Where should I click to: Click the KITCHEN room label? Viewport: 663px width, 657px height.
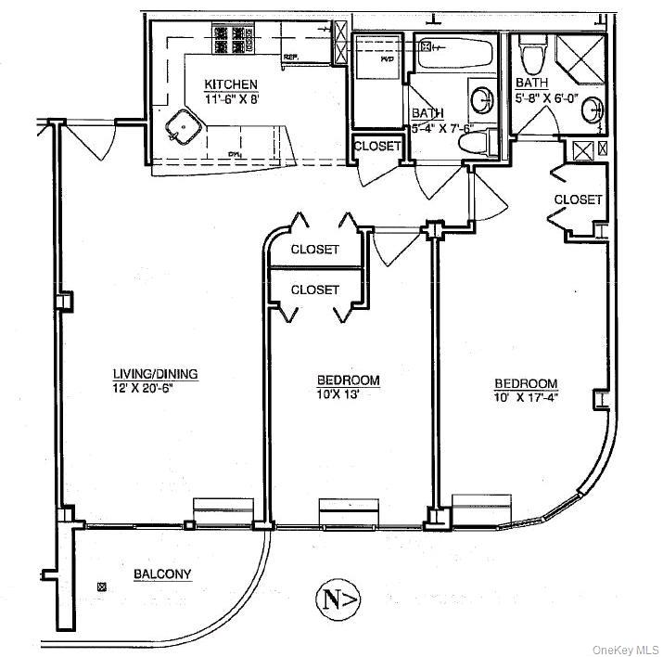pos(231,84)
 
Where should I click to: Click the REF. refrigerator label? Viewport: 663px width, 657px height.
pos(290,58)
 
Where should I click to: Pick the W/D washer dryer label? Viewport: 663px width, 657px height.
pos(385,57)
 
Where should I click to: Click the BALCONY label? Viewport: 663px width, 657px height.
pos(162,574)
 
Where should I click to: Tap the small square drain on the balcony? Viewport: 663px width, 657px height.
pos(101,586)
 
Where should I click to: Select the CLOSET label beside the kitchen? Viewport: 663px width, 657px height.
pos(377,147)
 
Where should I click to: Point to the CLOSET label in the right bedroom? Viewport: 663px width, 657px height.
pos(579,200)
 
